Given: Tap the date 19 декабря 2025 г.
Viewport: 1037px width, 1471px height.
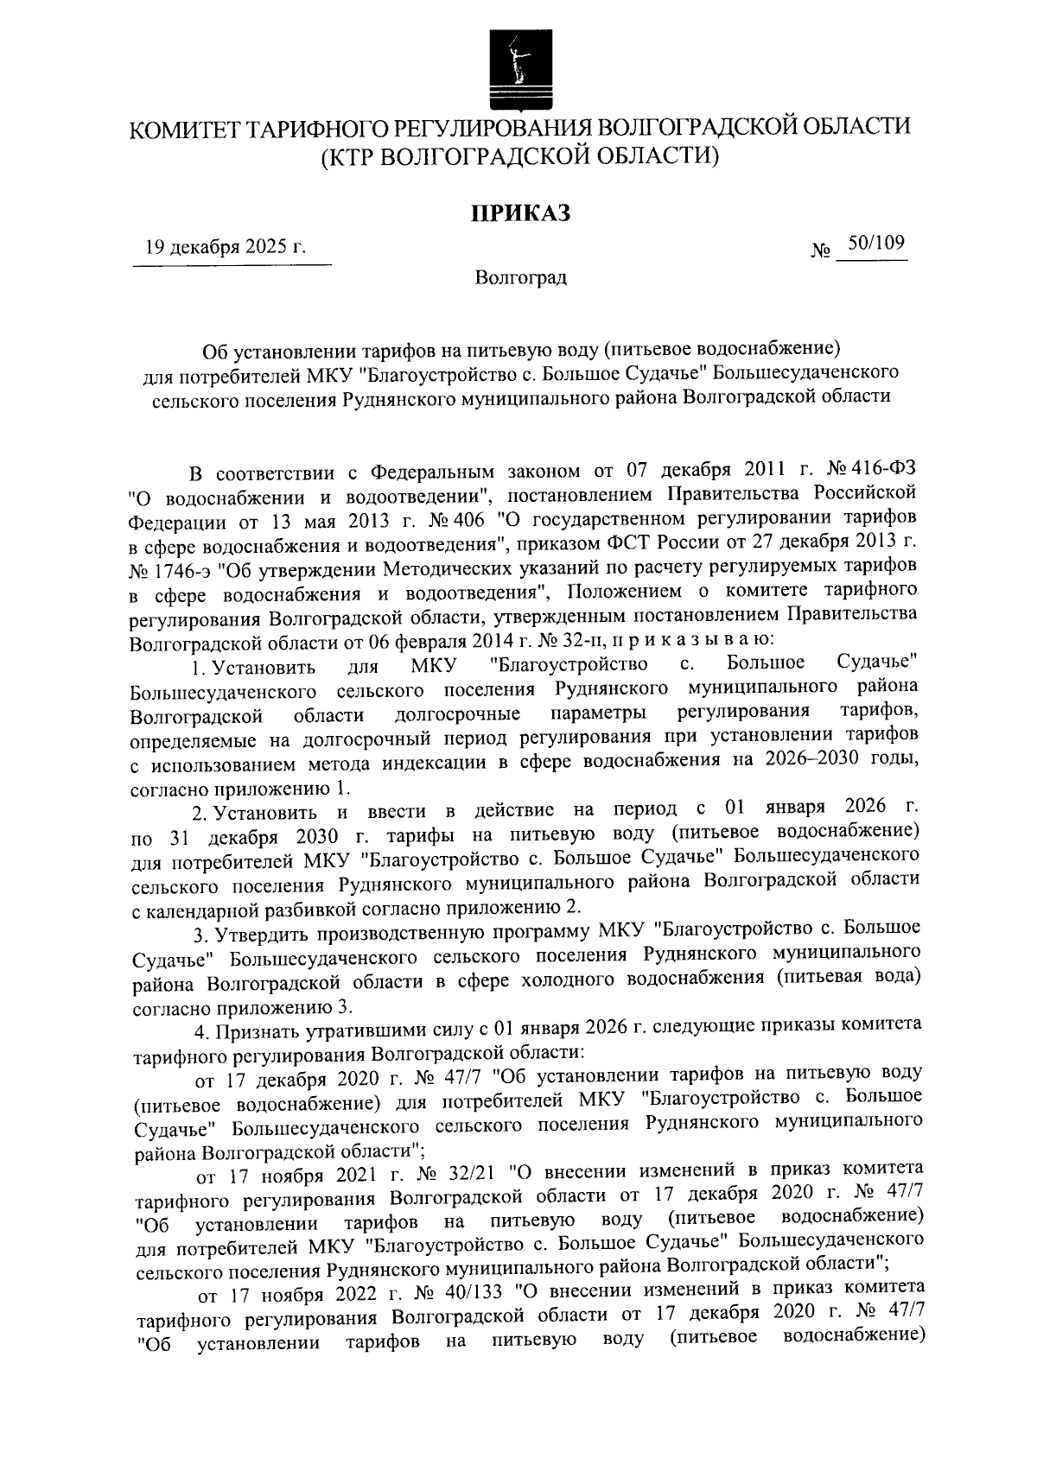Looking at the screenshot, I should coord(226,248).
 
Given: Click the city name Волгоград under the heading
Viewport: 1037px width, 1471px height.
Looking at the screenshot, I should coord(520,278).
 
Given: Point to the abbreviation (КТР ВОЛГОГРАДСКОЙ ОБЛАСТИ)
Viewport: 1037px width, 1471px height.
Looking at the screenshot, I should coord(520,156).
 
